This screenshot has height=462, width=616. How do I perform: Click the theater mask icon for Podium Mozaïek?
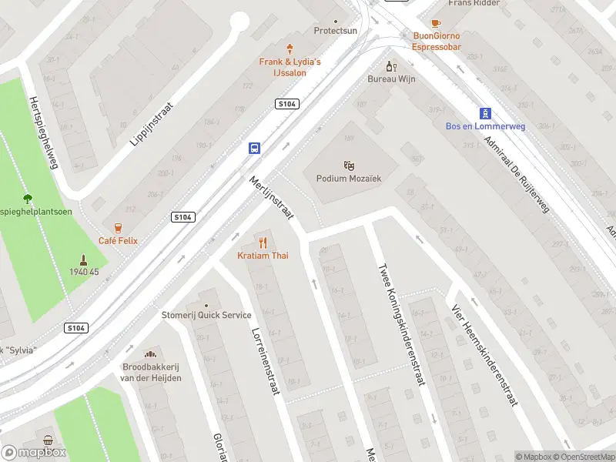[x=349, y=165]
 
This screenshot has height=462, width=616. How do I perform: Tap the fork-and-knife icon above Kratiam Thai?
[x=263, y=242]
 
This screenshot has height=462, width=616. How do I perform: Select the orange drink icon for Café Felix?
[x=118, y=227]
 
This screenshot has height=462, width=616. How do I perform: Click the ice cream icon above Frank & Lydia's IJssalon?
[x=290, y=48]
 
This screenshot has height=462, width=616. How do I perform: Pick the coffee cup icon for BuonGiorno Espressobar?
[x=436, y=23]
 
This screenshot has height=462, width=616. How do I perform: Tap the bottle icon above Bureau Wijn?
[x=390, y=66]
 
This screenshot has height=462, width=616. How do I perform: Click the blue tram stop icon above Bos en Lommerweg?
[x=485, y=112]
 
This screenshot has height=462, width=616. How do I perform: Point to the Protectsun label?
[x=336, y=31]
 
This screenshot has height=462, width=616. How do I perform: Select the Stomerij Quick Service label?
[x=206, y=315]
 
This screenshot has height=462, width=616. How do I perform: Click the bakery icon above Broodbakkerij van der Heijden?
[x=151, y=353]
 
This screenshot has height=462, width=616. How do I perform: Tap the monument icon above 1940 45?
[x=82, y=259]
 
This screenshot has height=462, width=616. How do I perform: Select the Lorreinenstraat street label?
[x=264, y=361]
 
